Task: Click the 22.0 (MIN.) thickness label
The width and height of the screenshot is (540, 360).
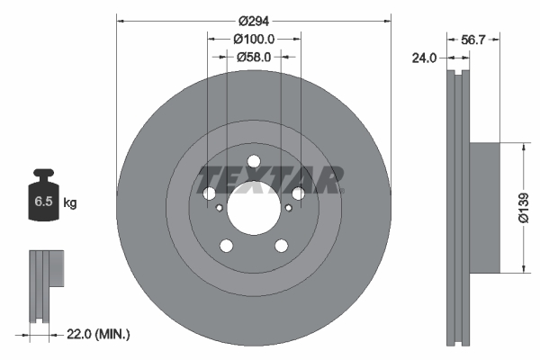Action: point(100,335)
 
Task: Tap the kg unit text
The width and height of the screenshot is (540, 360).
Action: point(70,203)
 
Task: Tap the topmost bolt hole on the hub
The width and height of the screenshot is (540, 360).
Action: point(253,163)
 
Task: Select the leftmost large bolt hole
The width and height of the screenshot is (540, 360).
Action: point(209,194)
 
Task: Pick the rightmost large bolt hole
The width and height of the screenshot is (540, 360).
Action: point(297,193)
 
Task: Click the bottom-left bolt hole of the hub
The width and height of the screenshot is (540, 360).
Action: point(226,246)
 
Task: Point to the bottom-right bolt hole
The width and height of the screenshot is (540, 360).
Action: point(281,245)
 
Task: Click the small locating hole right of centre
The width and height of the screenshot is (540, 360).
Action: point(287,208)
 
